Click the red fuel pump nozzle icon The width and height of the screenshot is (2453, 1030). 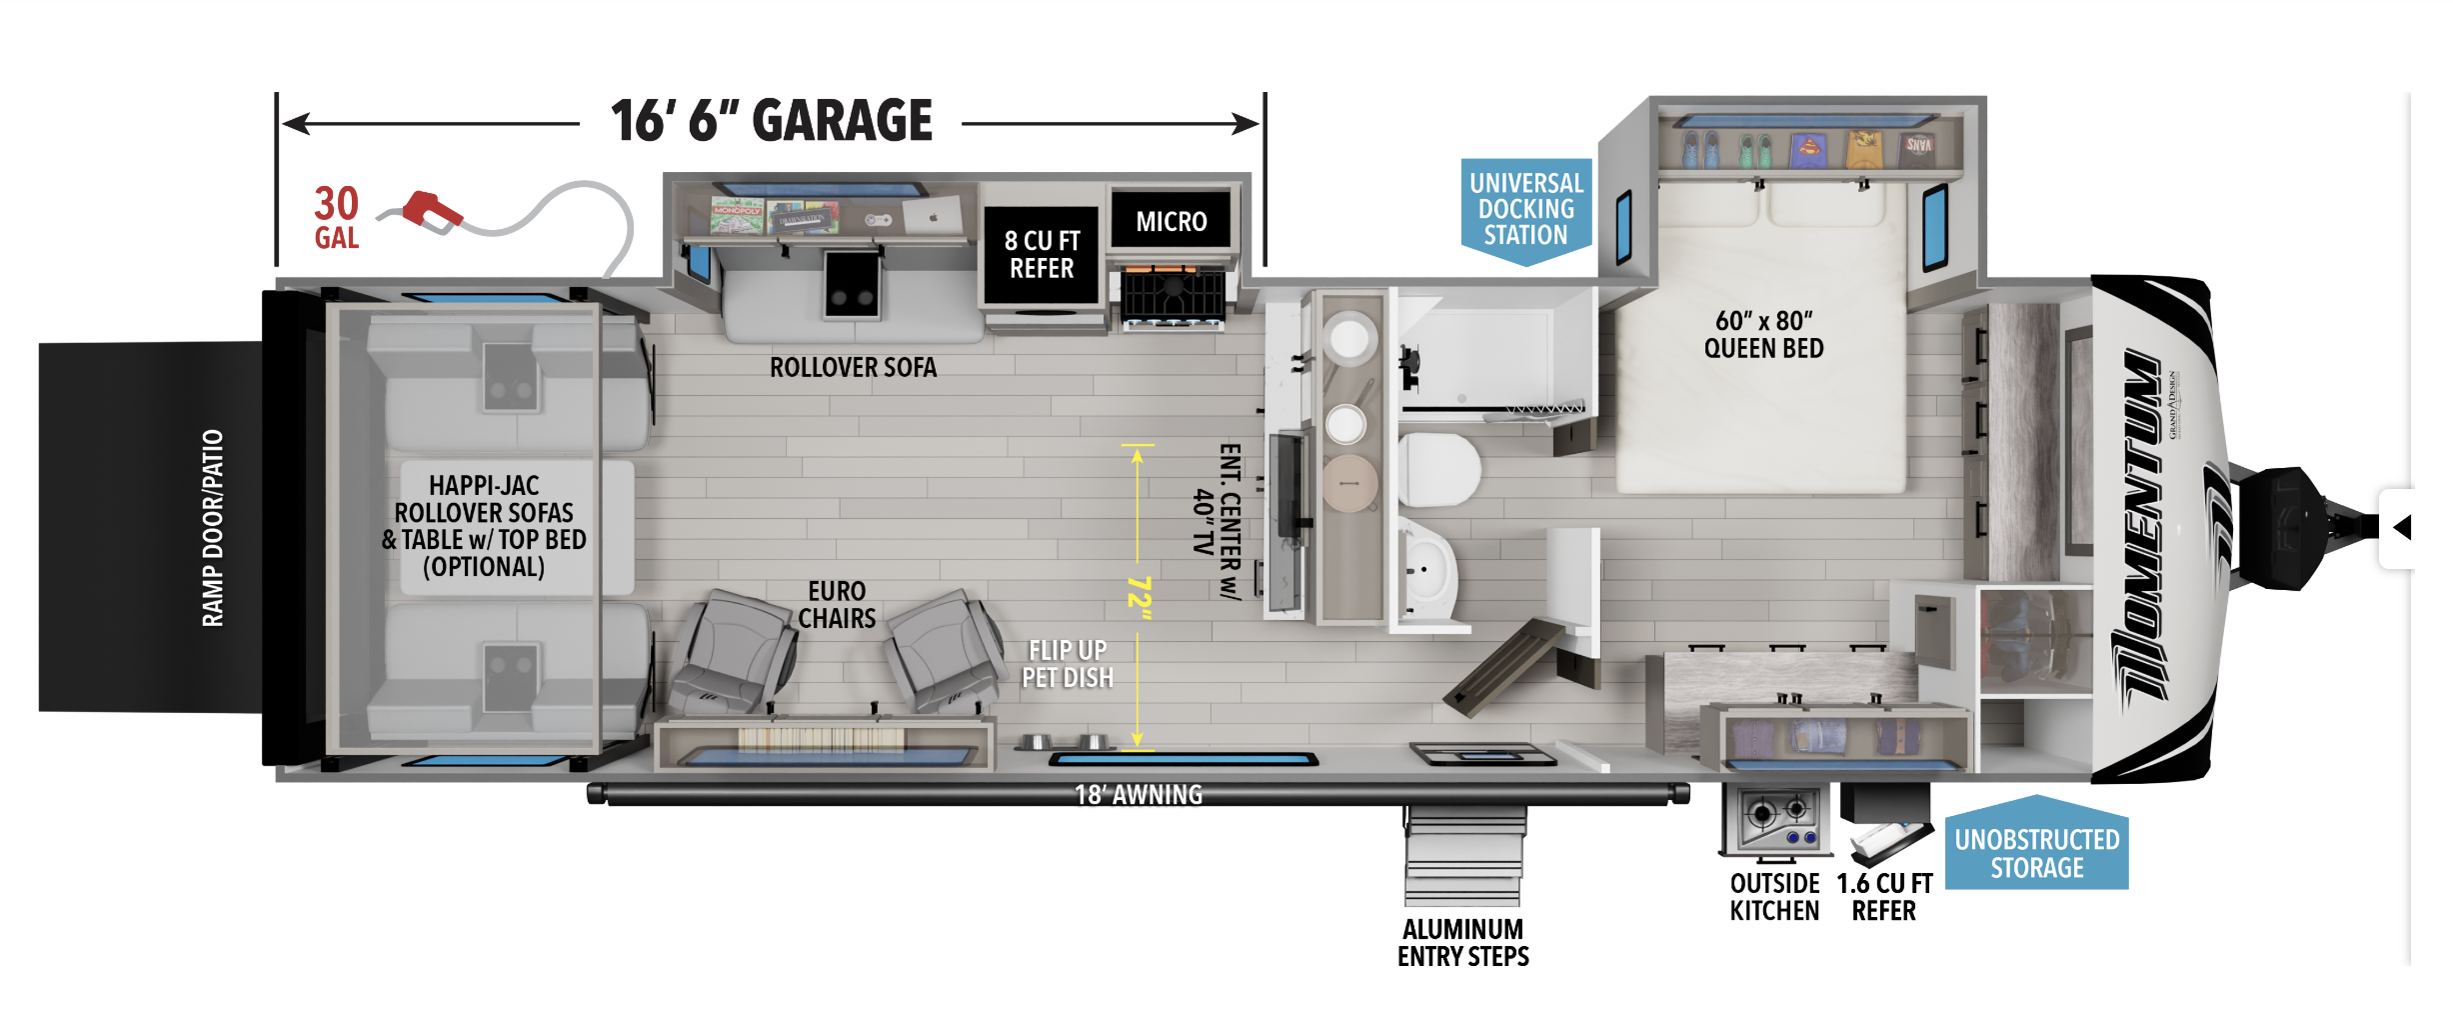pyautogui.click(x=432, y=212)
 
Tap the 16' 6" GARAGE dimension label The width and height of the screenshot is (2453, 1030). pyautogui.click(x=772, y=121)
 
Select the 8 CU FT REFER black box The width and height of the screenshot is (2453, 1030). pyautogui.click(x=1042, y=254)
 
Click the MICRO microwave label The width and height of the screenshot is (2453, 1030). pyautogui.click(x=1171, y=221)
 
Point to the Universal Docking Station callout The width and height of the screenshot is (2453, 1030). pyautogui.click(x=1525, y=210)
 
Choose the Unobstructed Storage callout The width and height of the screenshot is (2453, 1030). pyautogui.click(x=2036, y=844)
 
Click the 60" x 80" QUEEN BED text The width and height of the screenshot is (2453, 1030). pyautogui.click(x=1763, y=334)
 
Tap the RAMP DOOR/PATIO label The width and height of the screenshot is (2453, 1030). pyautogui.click(x=213, y=528)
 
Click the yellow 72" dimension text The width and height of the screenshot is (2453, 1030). pyautogui.click(x=1139, y=597)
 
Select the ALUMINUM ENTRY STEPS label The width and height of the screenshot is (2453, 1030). pyautogui.click(x=1463, y=943)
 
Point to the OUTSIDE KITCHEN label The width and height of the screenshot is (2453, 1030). pyautogui.click(x=1775, y=897)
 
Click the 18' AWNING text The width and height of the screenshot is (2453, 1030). pyautogui.click(x=1139, y=795)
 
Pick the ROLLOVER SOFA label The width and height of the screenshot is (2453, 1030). pyautogui.click(x=853, y=367)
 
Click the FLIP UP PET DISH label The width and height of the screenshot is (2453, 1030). pyautogui.click(x=1068, y=664)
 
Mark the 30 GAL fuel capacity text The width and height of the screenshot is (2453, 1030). pyautogui.click(x=337, y=217)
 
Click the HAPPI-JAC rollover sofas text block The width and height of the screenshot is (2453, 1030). pyautogui.click(x=484, y=526)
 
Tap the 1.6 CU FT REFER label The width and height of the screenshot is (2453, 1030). pyautogui.click(x=1884, y=897)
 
